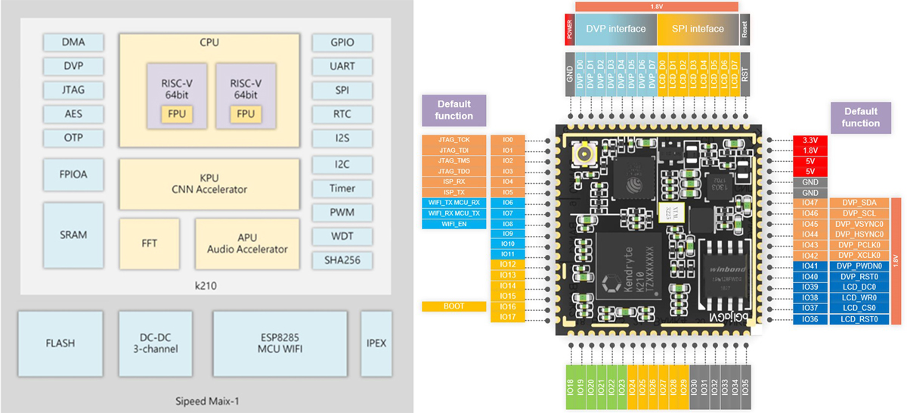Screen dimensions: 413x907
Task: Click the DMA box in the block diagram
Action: (73, 42)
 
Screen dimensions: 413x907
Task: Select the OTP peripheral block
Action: (73, 138)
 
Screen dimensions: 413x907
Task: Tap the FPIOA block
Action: (73, 173)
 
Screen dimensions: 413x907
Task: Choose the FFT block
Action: (149, 244)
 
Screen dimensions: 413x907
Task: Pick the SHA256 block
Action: (342, 260)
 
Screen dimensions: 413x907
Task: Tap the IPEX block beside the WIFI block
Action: (376, 343)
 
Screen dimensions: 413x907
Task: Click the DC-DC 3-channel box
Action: (159, 343)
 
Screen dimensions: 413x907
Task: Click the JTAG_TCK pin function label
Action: (453, 141)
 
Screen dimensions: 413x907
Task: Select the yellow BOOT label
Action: (453, 306)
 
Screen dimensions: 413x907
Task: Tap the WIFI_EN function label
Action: (453, 224)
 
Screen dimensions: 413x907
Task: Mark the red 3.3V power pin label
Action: (809, 141)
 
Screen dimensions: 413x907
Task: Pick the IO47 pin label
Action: (809, 203)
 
